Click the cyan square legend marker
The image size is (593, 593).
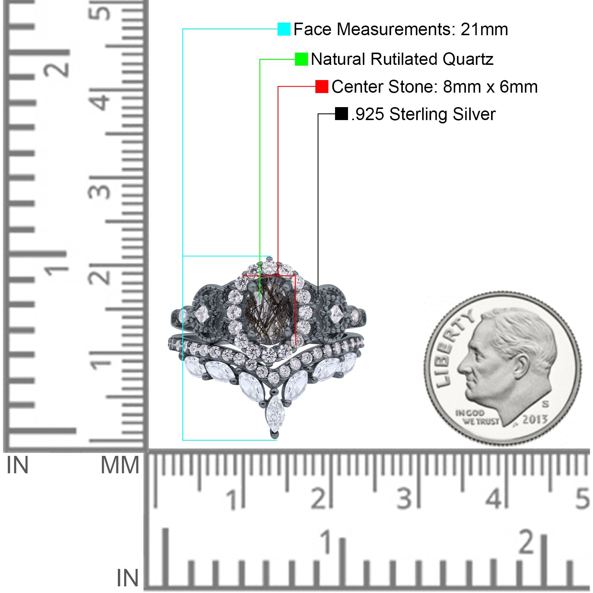point(284,29)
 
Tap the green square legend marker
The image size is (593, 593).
point(301,59)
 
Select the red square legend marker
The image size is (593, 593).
point(322,87)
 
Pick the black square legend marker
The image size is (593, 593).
point(341,114)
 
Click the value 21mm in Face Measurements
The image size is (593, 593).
point(484,29)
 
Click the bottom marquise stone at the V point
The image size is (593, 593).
point(275,413)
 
